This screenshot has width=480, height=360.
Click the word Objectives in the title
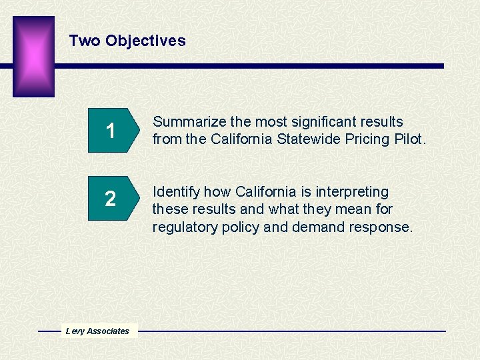click(145, 41)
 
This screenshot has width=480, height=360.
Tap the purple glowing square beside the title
click(33, 56)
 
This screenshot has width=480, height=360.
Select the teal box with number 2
click(112, 199)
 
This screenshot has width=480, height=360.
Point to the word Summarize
click(189, 122)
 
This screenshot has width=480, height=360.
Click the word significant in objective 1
click(321, 122)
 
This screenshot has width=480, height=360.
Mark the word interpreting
click(350, 192)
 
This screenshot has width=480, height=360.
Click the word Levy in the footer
click(75, 331)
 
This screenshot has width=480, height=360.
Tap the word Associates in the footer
click(108, 331)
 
